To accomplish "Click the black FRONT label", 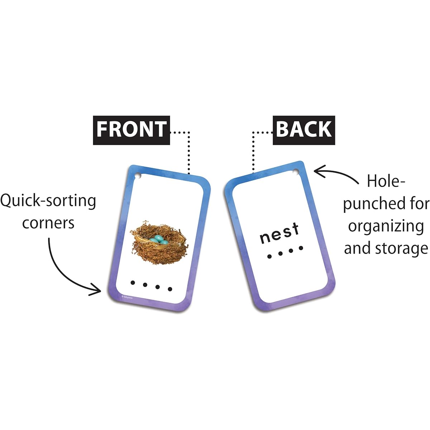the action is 132,130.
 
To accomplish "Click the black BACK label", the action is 304,130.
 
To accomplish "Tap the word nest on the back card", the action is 279,233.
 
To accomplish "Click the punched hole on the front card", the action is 138,176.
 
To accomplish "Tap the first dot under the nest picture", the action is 133,283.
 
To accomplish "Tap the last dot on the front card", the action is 170,289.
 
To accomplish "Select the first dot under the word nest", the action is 269,257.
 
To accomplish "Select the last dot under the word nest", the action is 301,248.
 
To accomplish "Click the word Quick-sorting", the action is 48,201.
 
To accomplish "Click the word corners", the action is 48,223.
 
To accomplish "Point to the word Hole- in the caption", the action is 386,181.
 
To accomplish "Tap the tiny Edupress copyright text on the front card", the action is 127,297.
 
